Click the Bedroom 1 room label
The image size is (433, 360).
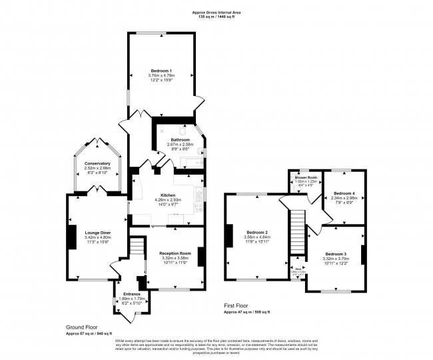click(x=161, y=71)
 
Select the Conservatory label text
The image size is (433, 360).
click(x=97, y=163)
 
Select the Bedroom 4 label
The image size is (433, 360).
click(x=344, y=193)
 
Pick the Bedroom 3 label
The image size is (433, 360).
click(x=336, y=254)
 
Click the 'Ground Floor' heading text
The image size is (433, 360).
click(x=81, y=327)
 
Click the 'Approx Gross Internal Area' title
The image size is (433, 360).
click(x=216, y=11)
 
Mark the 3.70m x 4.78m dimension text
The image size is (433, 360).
click(x=161, y=75)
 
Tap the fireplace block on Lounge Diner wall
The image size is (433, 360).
click(x=70, y=237)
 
